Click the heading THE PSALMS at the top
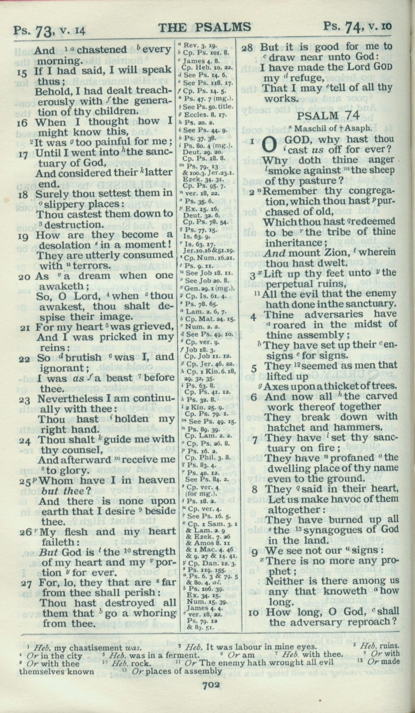coord(205,27)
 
